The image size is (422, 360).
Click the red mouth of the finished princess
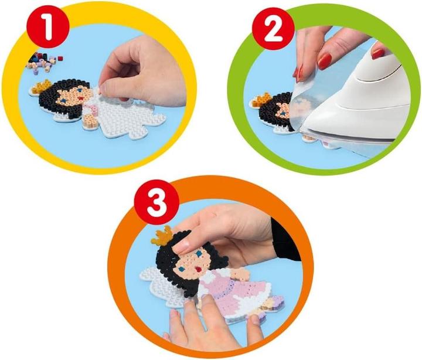199,269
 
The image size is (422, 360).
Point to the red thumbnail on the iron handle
378,53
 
